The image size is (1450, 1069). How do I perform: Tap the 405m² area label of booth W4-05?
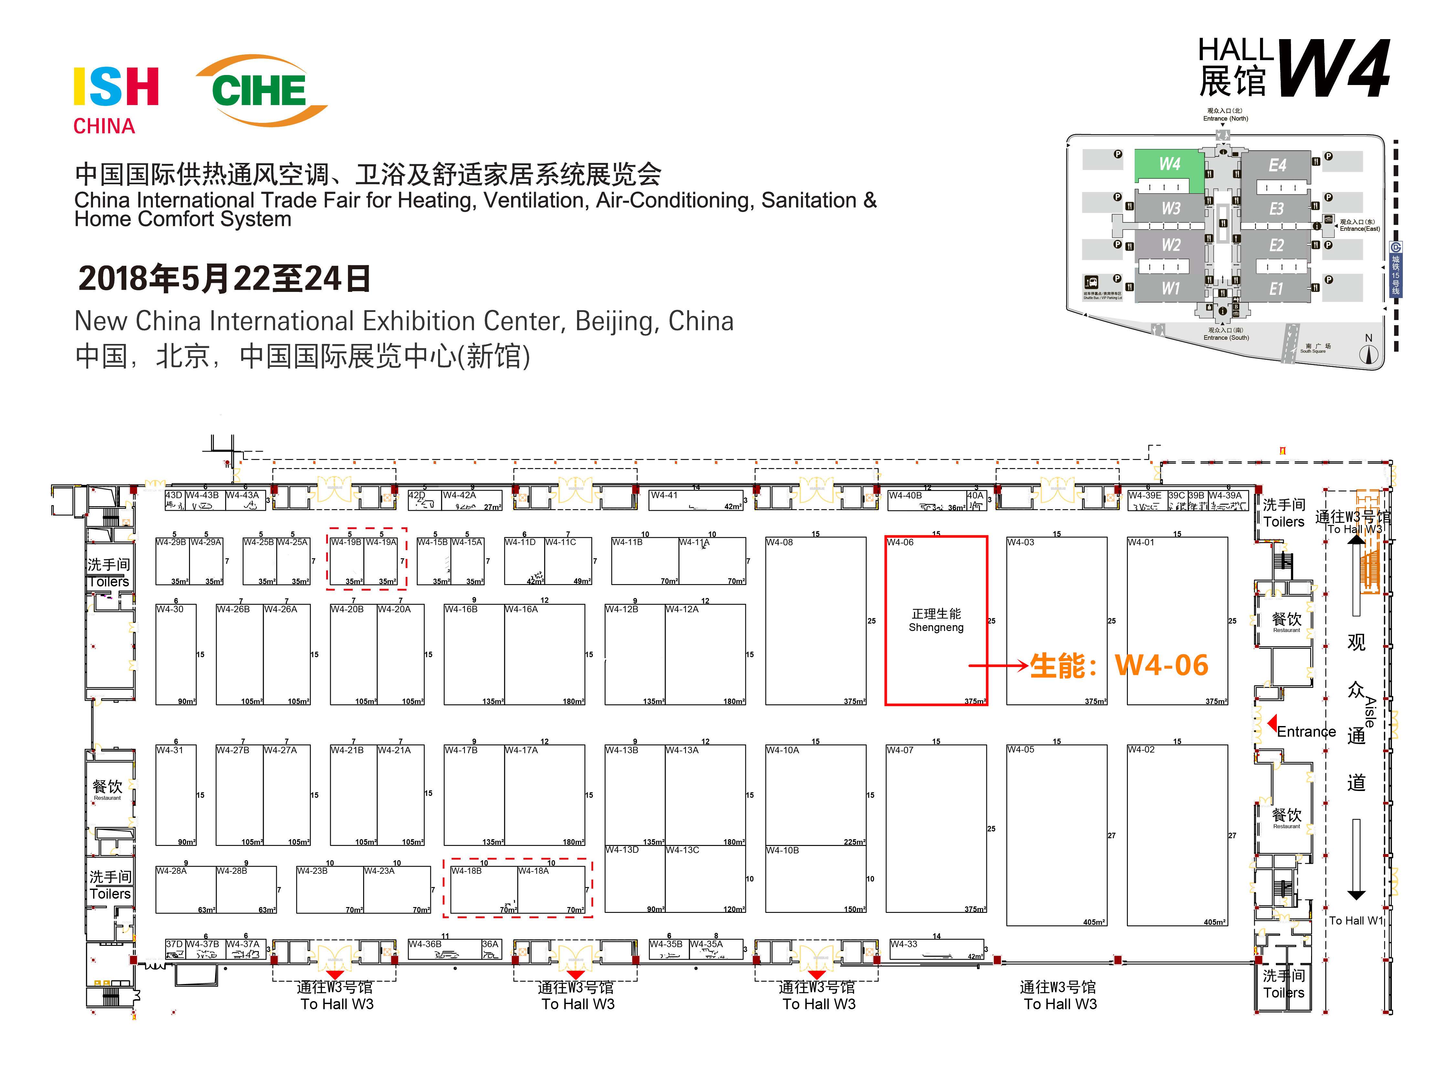[1094, 922]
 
